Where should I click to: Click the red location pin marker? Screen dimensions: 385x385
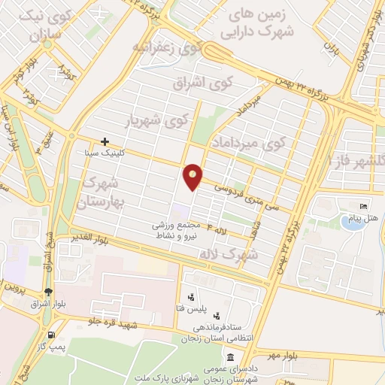pyautogui.click(x=193, y=176)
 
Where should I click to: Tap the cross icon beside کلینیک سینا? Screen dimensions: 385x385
pyautogui.click(x=105, y=141)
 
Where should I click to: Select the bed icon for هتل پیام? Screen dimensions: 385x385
pyautogui.click(x=364, y=206)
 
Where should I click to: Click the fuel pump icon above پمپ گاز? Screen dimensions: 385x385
pyautogui.click(x=50, y=335)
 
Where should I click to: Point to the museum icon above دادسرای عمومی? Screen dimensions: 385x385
pyautogui.click(x=229, y=356)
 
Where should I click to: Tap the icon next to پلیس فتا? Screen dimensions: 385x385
pyautogui.click(x=192, y=297)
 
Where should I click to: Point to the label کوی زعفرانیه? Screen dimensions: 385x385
pyautogui.click(x=168, y=47)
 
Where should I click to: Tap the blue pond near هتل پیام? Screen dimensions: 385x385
pyautogui.click(x=353, y=220)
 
